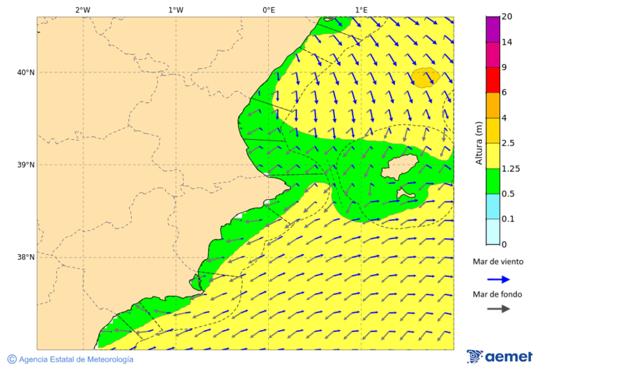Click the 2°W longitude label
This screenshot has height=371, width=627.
82,10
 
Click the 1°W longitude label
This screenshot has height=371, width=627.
176,10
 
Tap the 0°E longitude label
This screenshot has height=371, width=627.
268,10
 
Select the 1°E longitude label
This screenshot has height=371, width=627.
361,10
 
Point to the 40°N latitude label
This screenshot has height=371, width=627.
26,72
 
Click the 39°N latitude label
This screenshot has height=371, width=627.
26,165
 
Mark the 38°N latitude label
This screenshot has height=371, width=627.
26,258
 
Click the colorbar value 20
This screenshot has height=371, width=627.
507,17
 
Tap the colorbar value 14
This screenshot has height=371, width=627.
507,42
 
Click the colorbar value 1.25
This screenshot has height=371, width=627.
511,168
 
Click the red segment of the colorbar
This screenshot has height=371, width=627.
493,80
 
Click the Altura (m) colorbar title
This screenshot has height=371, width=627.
479,143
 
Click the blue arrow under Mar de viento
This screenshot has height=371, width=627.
498,279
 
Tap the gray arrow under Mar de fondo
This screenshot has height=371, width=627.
498,309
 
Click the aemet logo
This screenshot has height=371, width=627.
500,356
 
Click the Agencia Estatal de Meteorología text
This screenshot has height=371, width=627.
70,359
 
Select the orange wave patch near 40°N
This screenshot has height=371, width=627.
425,77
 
